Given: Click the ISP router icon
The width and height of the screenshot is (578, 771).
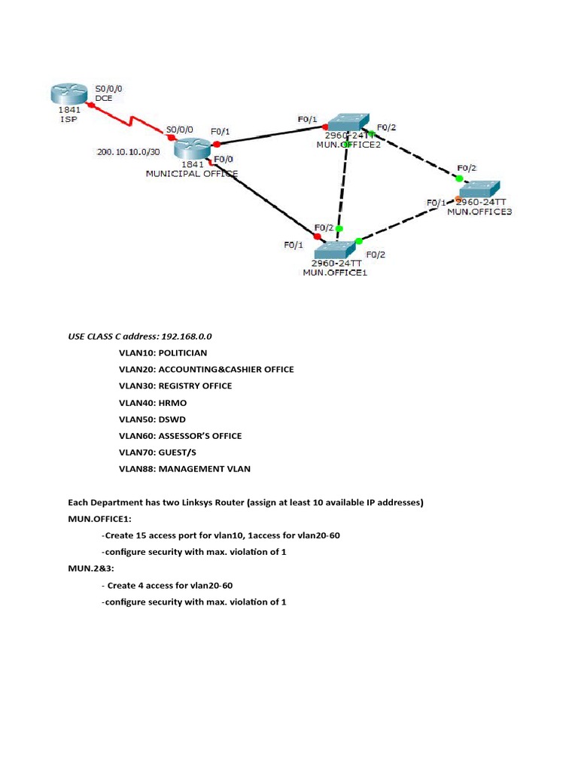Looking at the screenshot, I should click(x=68, y=94).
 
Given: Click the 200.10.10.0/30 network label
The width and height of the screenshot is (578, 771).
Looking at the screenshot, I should click(x=129, y=152).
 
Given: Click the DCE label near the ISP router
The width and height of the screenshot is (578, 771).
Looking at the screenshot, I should click(x=103, y=98).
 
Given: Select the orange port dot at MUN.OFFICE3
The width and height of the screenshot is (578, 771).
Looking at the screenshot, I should click(x=458, y=199).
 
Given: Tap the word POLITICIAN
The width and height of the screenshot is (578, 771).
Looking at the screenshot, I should click(x=183, y=352).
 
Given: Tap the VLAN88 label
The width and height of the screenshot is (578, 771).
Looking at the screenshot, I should click(x=136, y=468).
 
